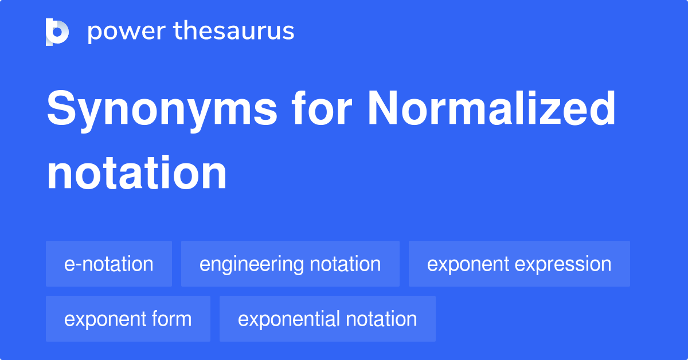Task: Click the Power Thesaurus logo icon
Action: (x=57, y=32)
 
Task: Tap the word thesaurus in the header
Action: (x=234, y=30)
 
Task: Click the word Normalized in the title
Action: (x=492, y=108)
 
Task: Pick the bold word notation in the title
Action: (x=136, y=173)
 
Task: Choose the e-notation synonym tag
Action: (x=109, y=264)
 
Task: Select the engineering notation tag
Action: (x=290, y=264)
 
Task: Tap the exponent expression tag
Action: (x=519, y=264)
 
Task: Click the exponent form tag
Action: (x=128, y=319)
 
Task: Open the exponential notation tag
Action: (x=327, y=319)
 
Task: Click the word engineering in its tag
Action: (x=252, y=264)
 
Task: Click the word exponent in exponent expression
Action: (x=468, y=265)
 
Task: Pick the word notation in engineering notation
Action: (x=345, y=264)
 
